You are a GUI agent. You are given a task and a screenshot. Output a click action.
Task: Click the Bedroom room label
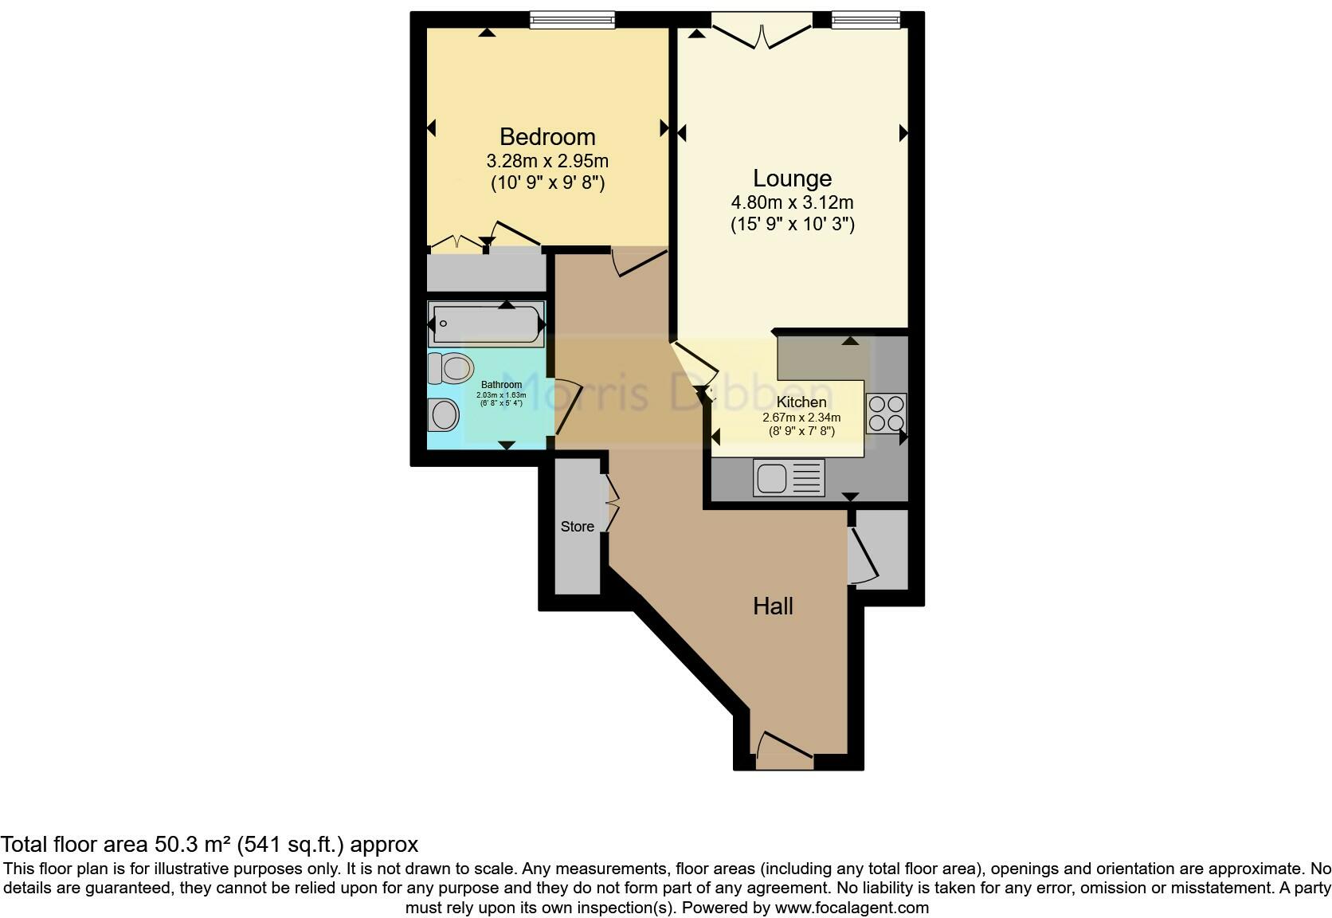(547, 137)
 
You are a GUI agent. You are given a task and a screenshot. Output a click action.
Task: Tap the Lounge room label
(792, 178)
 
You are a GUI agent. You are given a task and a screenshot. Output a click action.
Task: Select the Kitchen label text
(801, 402)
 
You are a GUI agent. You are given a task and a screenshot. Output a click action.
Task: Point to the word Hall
(773, 606)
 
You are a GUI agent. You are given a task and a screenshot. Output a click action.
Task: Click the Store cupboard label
(578, 527)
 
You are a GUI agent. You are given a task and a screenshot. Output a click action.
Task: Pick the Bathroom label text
(501, 386)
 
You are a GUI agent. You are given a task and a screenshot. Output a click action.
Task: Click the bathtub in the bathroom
(486, 324)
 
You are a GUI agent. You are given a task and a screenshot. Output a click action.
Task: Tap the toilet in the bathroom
(450, 367)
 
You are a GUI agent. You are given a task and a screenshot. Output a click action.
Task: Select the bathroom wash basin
(443, 415)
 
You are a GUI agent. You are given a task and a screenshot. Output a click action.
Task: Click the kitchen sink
(789, 479)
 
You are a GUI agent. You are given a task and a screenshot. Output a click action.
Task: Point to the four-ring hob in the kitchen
(885, 414)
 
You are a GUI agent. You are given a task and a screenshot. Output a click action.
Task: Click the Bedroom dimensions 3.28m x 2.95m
(547, 161)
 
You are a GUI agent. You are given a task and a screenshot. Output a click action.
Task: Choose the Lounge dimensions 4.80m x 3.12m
(792, 202)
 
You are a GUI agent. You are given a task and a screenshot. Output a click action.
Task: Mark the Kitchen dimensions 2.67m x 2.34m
(801, 418)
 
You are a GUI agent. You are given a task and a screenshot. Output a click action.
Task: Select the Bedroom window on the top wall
(573, 20)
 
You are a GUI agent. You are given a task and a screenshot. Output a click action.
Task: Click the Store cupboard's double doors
(612, 503)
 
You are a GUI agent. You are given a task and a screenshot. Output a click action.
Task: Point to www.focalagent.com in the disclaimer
(852, 907)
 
